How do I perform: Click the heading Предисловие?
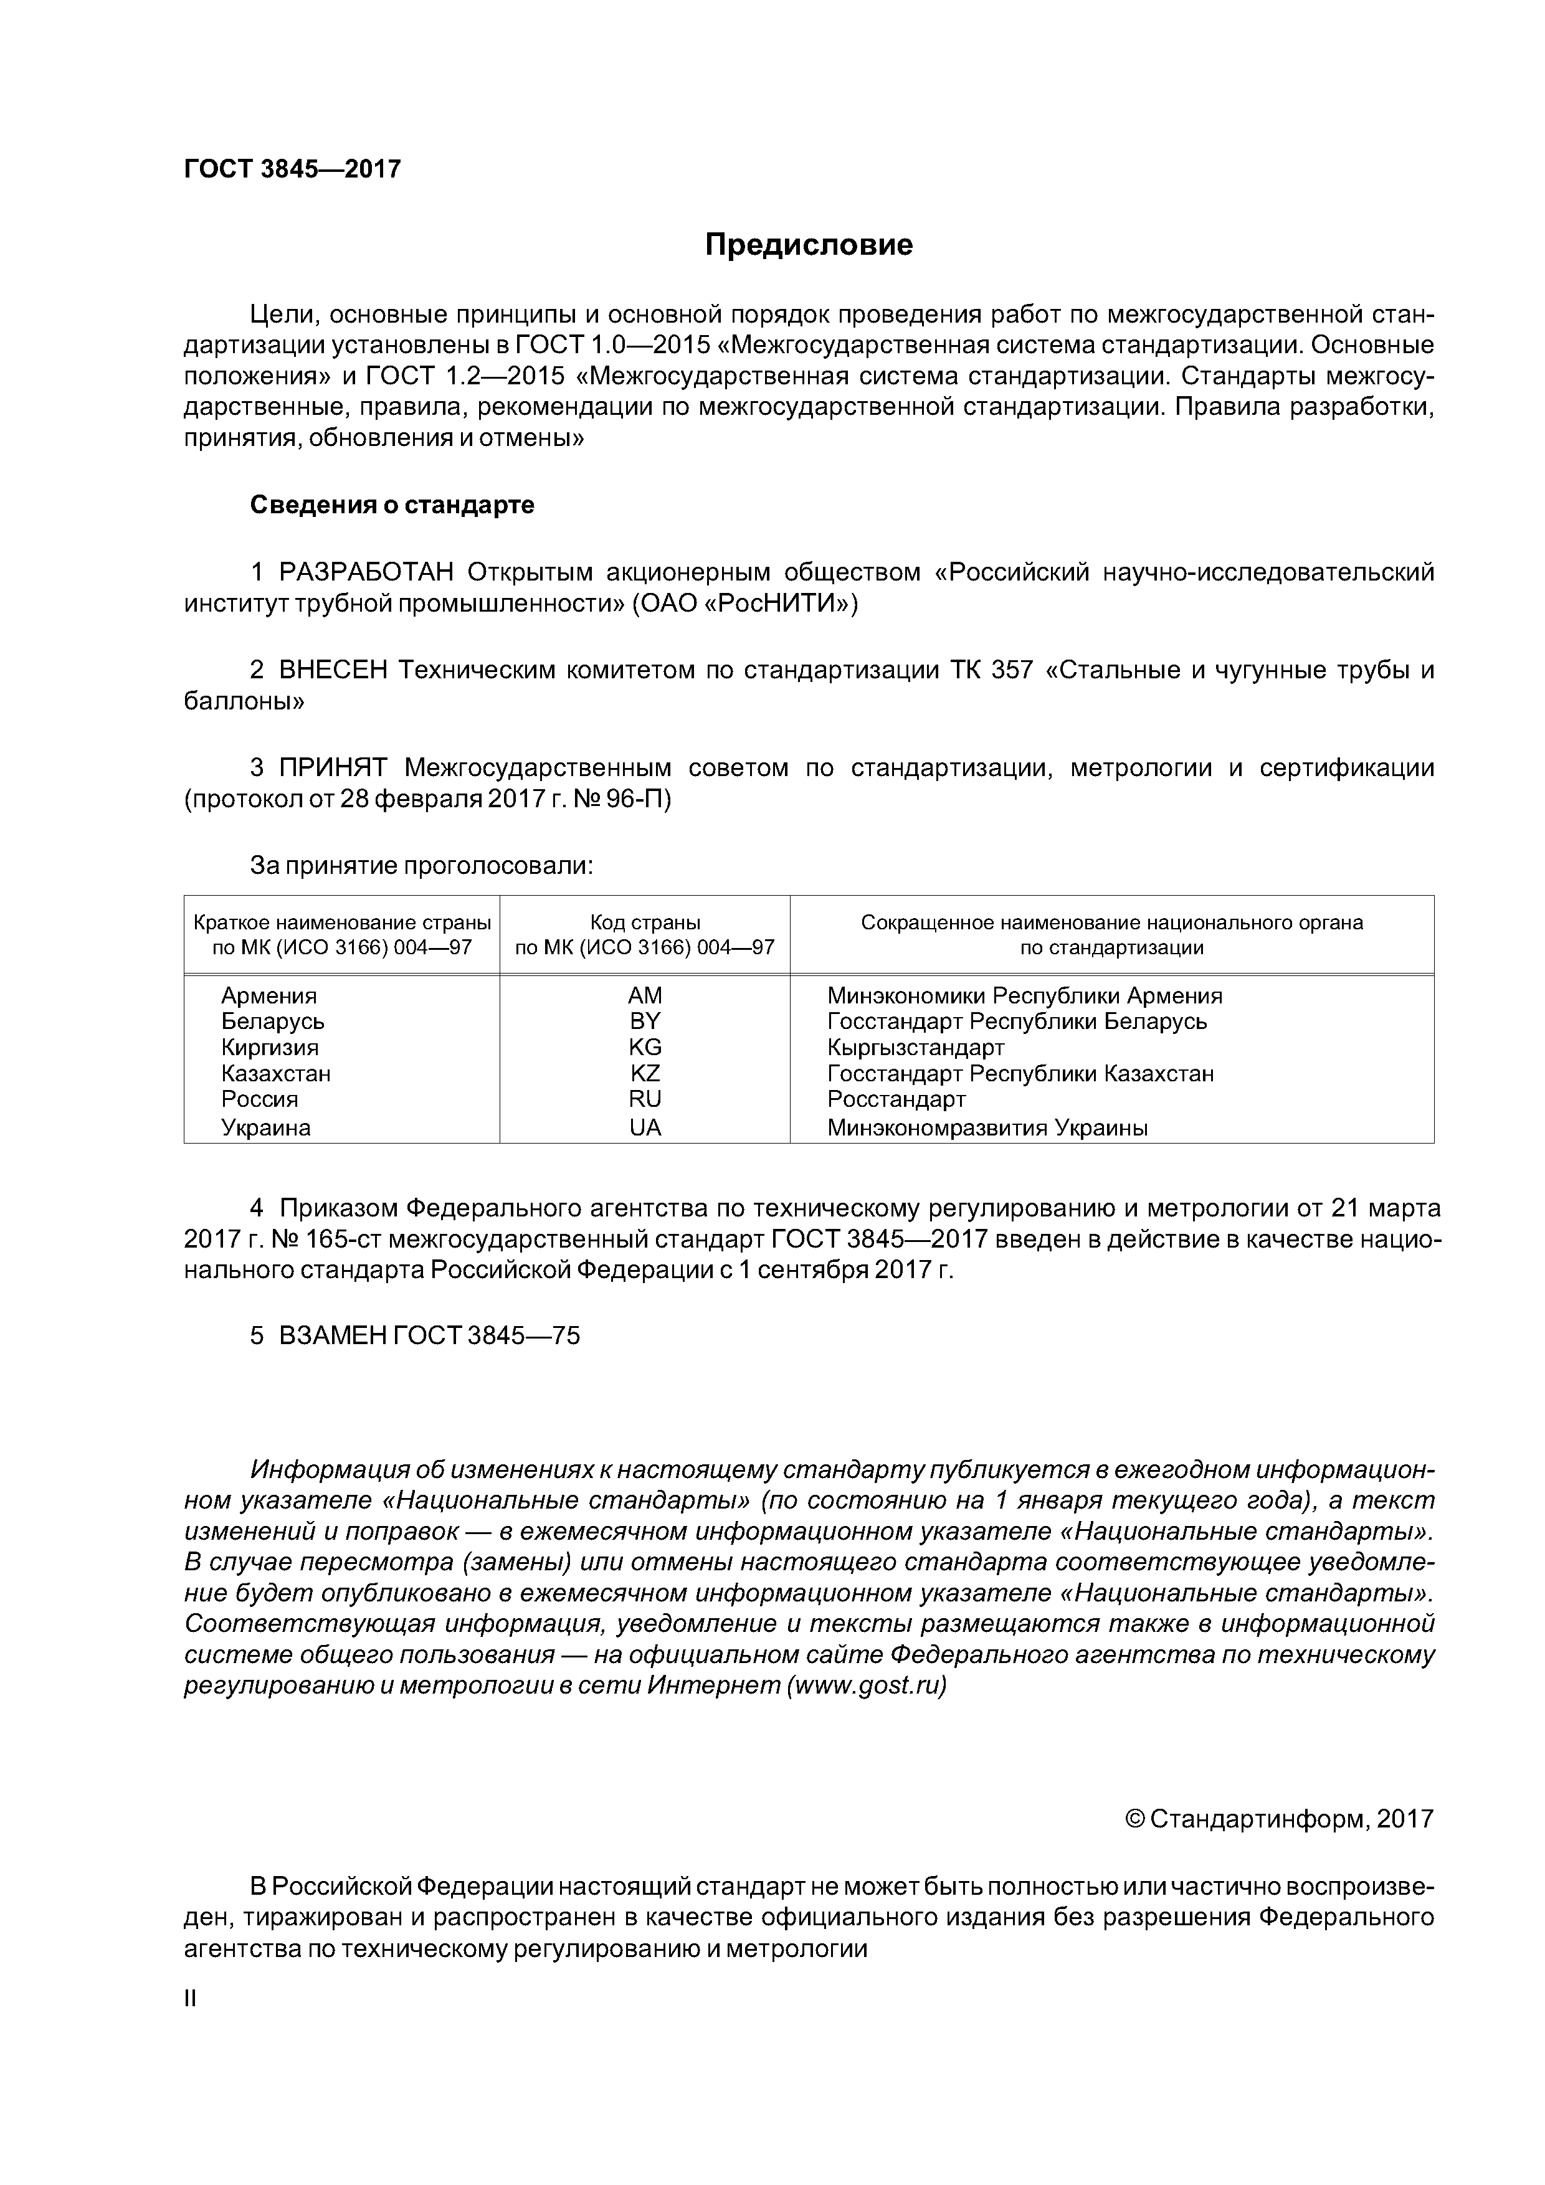(808, 245)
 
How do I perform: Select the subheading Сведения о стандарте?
(392, 505)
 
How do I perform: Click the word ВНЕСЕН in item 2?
(333, 671)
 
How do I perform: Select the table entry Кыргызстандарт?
(916, 1048)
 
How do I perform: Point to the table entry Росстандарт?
(896, 1099)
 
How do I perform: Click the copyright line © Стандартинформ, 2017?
(1278, 1819)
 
